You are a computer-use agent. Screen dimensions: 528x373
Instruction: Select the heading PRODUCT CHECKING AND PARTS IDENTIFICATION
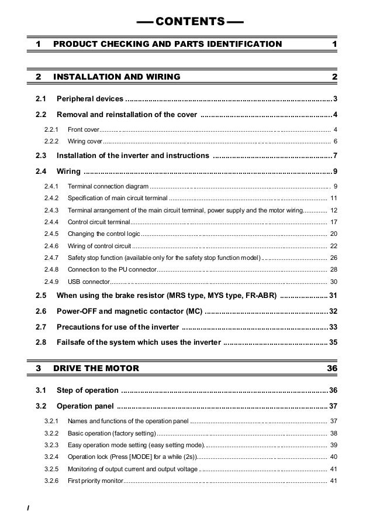coord(167,44)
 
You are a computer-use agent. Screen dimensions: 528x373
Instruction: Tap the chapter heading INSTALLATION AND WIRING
coord(116,77)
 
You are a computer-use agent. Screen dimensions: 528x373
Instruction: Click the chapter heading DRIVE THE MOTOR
coord(96,369)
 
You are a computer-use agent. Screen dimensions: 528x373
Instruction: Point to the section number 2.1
coord(41,98)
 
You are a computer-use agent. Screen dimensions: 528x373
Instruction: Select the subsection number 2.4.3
coord(51,210)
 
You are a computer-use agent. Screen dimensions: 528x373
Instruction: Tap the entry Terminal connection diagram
coord(108,186)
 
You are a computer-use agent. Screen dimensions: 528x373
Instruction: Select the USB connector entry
coord(88,282)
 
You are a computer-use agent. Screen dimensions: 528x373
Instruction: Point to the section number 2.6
coord(41,310)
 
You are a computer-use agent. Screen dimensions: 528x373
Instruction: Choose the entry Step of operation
coord(88,390)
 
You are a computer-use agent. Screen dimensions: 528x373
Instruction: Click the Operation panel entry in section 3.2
coord(85,406)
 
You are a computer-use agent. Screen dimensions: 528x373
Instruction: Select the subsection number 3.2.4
coord(51,457)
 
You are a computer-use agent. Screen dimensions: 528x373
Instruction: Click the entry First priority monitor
coord(95,481)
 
